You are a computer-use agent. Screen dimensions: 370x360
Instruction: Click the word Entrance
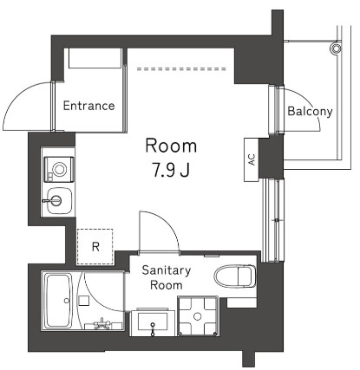[89, 106]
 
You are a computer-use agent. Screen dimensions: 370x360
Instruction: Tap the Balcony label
[310, 111]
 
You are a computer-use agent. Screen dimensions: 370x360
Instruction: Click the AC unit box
[252, 159]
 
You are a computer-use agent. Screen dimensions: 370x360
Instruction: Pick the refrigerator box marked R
[95, 245]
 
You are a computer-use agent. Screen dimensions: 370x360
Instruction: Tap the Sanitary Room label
[166, 276]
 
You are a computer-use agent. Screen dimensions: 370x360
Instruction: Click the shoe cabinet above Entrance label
[94, 59]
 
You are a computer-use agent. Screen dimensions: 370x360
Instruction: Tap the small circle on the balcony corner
[332, 49]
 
